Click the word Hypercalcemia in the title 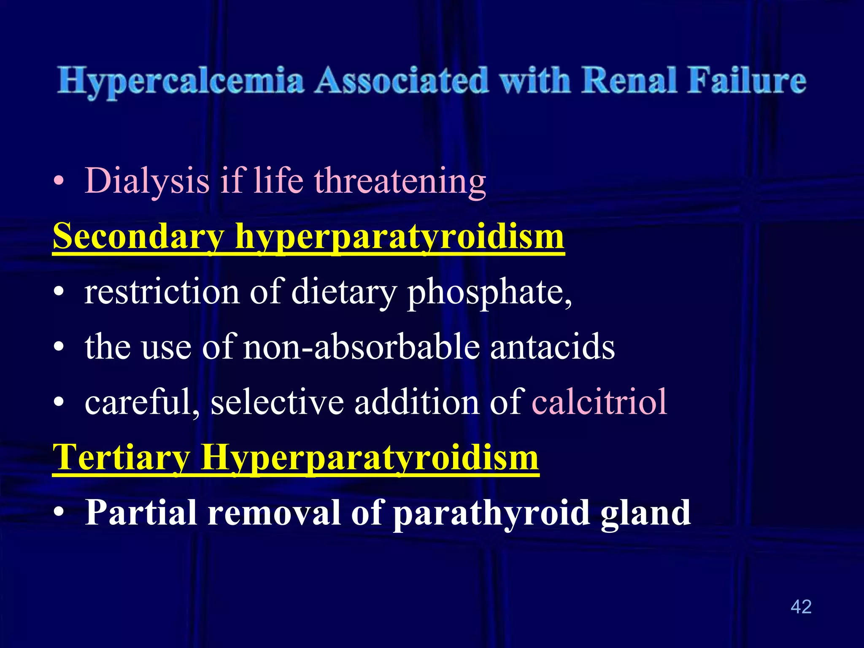[181, 81]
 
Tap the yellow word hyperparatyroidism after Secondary [399, 237]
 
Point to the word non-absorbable [362, 347]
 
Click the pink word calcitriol [599, 402]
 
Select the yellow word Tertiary [121, 458]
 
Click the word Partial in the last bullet [141, 513]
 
